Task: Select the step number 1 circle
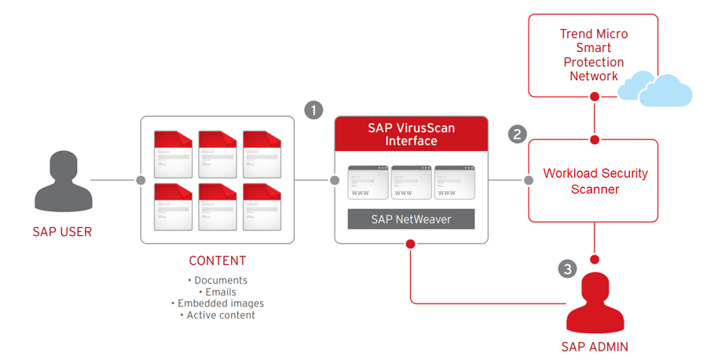[313, 110]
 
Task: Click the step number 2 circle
[517, 134]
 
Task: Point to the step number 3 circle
[568, 269]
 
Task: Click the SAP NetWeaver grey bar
[411, 219]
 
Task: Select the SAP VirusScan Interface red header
[411, 134]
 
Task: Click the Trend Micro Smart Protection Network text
[593, 55]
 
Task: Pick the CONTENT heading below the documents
[218, 261]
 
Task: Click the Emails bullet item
[218, 292]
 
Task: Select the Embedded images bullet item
[218, 303]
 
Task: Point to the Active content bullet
[218, 315]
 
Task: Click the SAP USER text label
[62, 232]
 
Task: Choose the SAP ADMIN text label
[594, 346]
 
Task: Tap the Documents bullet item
[218, 280]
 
